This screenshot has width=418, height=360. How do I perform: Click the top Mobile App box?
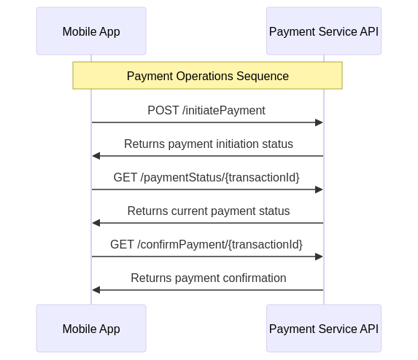click(x=91, y=31)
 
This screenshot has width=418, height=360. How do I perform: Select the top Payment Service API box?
click(x=324, y=31)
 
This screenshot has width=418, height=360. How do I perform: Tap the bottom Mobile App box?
click(x=91, y=329)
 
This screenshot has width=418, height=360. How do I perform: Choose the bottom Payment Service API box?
click(x=324, y=329)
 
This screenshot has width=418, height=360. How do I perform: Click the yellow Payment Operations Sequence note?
click(x=207, y=75)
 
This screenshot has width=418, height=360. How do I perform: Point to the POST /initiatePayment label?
click(x=206, y=110)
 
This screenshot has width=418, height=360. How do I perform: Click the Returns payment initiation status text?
click(x=209, y=144)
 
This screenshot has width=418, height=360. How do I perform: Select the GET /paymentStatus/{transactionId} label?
click(x=206, y=177)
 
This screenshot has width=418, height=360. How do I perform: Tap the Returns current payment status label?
click(x=209, y=211)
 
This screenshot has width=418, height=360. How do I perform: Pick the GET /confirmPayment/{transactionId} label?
click(x=206, y=244)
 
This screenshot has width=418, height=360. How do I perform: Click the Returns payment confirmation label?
click(x=209, y=278)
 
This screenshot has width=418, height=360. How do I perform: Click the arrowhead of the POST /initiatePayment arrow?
click(x=319, y=122)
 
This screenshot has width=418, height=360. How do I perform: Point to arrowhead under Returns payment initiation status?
click(x=96, y=156)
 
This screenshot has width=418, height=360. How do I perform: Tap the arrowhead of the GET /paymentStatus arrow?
click(x=319, y=189)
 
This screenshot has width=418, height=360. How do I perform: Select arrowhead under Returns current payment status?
click(x=96, y=223)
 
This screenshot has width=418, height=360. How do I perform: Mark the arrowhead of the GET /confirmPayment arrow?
click(x=319, y=257)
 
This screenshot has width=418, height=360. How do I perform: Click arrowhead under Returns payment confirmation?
click(x=96, y=290)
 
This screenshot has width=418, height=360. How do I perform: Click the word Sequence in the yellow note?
click(x=263, y=77)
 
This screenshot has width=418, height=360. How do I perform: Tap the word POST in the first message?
click(x=163, y=110)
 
